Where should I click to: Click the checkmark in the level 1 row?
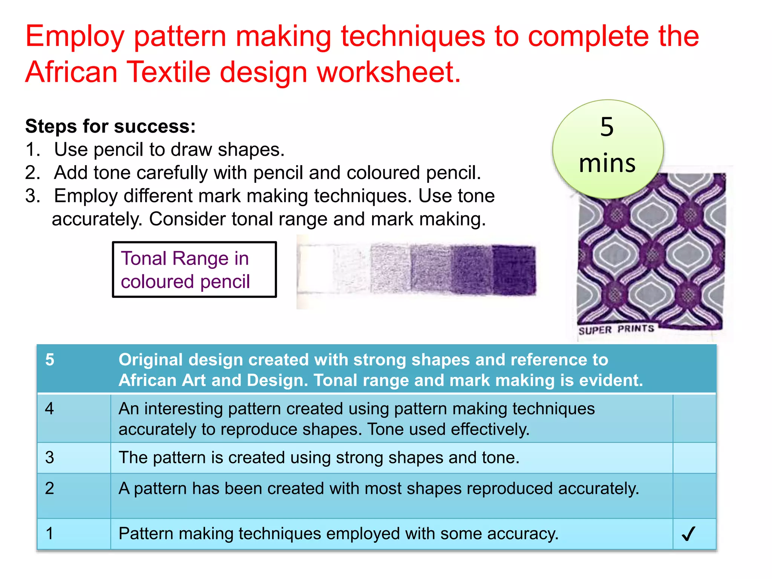tap(688, 534)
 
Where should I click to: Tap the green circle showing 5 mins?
tap(607, 149)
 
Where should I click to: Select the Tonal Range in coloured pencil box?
tap(194, 270)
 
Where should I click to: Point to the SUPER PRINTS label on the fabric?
tap(616, 329)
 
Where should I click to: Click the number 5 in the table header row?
tap(50, 360)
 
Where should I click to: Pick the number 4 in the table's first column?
tap(49, 409)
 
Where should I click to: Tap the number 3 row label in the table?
tap(49, 457)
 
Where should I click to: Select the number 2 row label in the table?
tap(49, 488)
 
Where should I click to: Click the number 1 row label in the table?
tap(49, 533)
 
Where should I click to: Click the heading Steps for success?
tap(110, 126)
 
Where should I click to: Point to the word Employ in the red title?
tap(75, 37)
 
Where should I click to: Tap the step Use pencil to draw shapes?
tap(169, 150)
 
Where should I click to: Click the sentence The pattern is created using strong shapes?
tap(319, 458)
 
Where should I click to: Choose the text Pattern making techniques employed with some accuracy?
tap(338, 534)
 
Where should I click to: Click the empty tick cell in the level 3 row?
tap(694, 458)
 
